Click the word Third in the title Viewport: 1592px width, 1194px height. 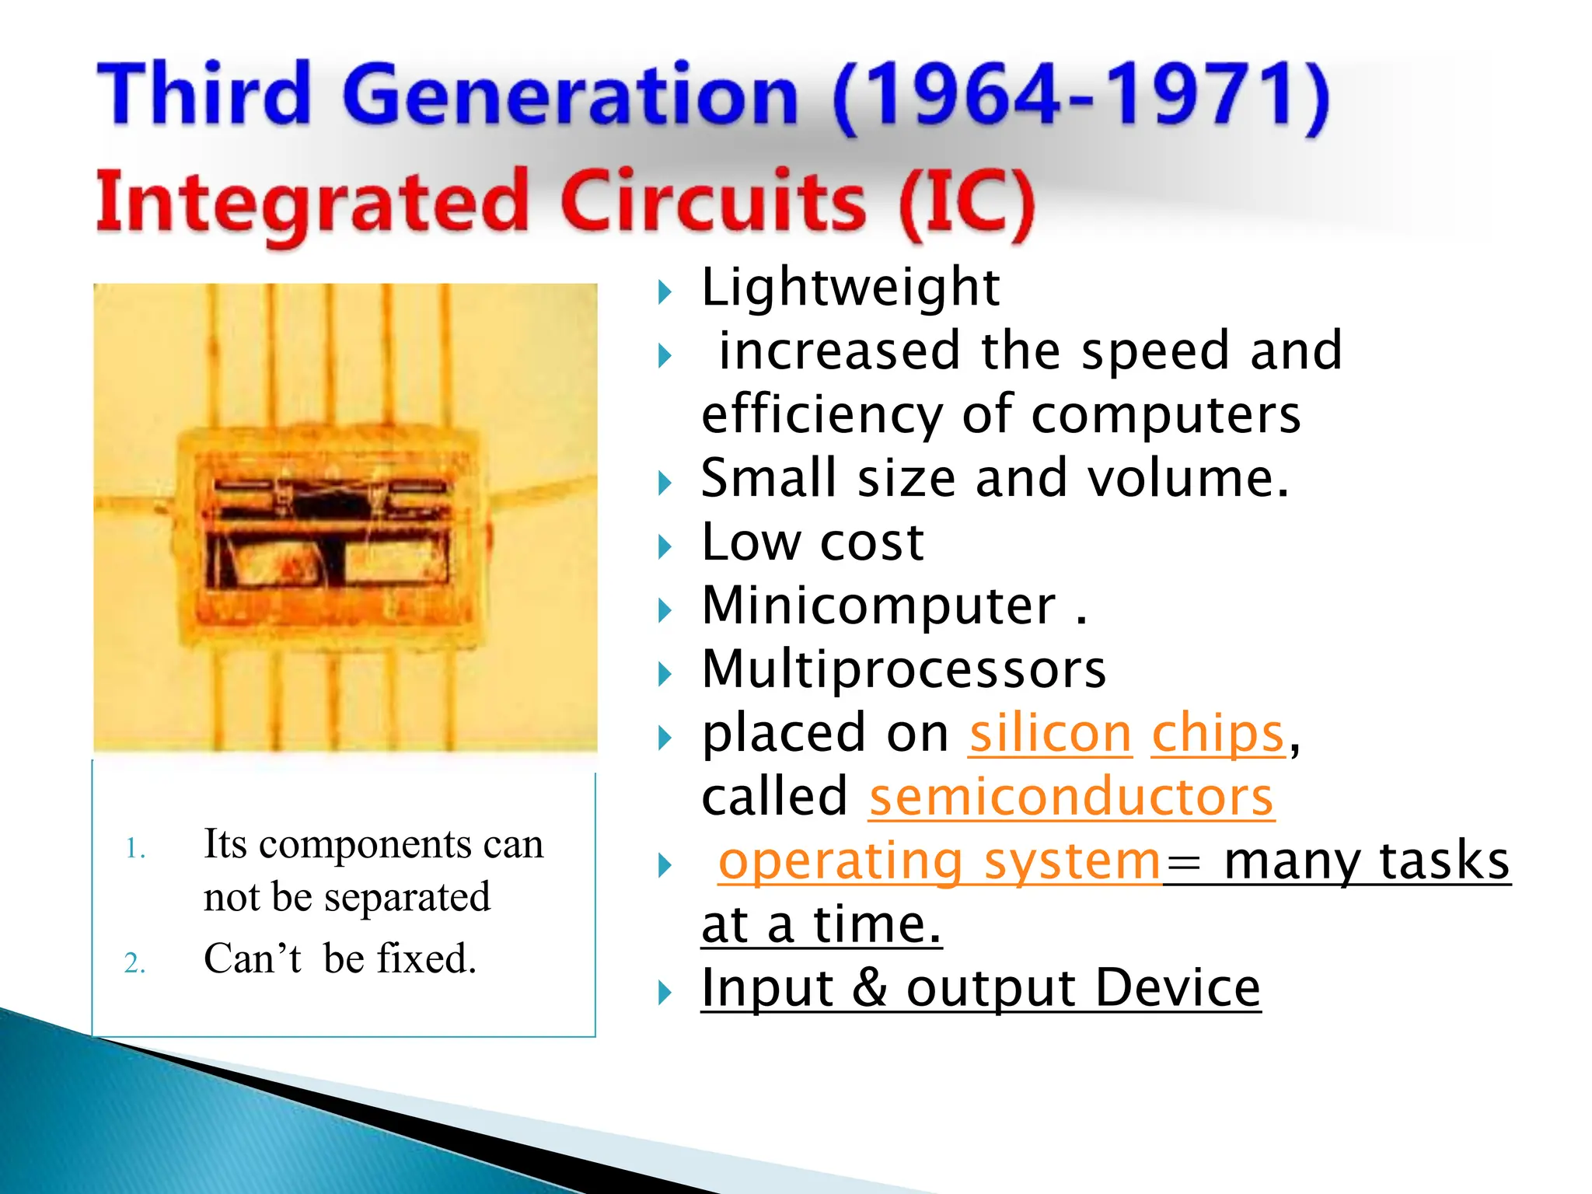tap(204, 95)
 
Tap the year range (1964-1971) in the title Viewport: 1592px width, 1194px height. tap(1081, 96)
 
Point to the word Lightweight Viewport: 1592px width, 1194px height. tap(850, 288)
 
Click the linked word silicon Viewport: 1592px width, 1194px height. tap(1049, 734)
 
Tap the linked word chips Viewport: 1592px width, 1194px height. tap(1217, 734)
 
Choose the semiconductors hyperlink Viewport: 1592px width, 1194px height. tap(1071, 798)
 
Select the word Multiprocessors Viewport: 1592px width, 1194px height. tap(903, 669)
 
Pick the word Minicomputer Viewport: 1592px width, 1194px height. tap(878, 606)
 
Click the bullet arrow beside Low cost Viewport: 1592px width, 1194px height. tap(664, 547)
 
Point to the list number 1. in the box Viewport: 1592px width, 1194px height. tap(135, 849)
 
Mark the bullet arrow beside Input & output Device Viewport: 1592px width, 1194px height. tap(664, 993)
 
